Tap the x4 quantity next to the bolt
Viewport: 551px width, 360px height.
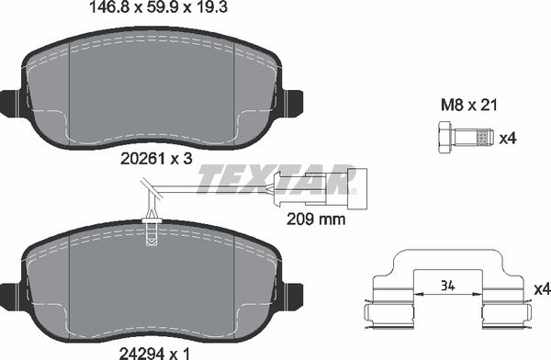(509, 139)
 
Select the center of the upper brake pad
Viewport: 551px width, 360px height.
(152, 92)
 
